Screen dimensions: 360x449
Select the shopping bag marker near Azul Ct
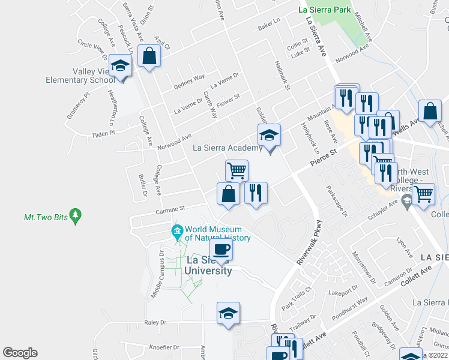148,57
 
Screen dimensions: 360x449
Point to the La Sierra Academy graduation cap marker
270,136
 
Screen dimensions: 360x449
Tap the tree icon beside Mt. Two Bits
75,214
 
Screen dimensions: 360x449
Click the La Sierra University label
208,265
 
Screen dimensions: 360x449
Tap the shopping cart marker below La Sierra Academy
237,170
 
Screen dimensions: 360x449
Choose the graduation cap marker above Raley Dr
228,313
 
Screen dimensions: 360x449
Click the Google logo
20,353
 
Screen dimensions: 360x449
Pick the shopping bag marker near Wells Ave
430,111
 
